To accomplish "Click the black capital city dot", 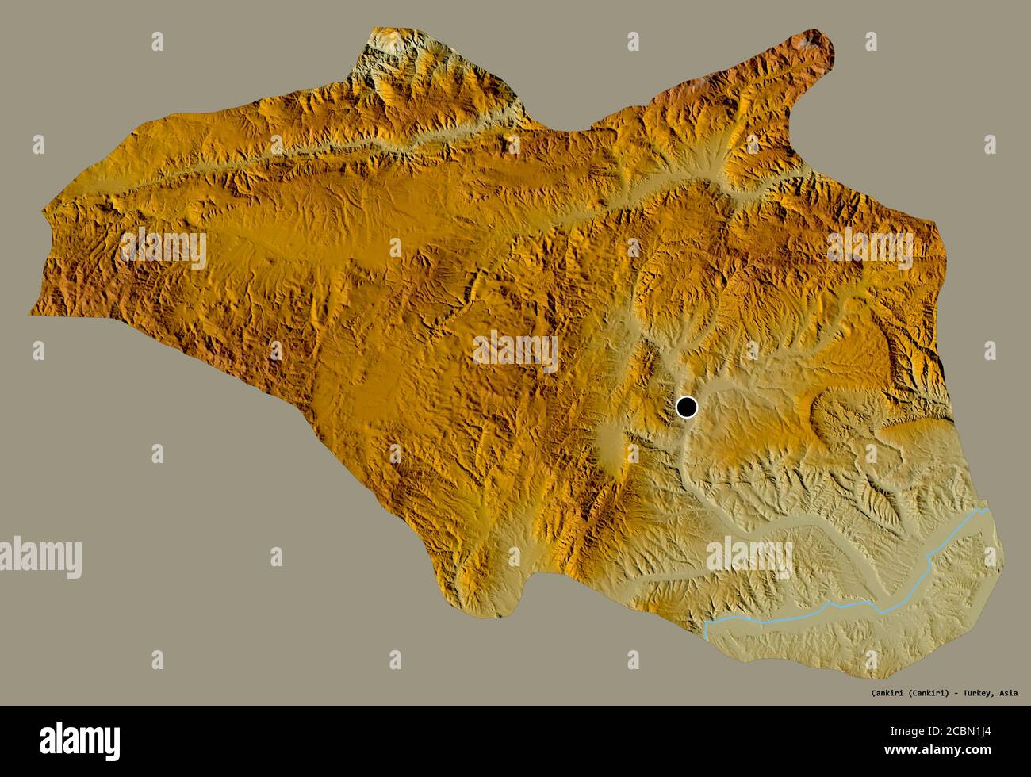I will [687, 408].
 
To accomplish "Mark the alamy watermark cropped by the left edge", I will [40, 554].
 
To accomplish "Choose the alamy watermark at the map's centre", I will [515, 351].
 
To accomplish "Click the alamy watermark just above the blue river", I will [749, 557].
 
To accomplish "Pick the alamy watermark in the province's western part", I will [163, 248].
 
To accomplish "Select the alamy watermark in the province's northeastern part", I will [870, 248].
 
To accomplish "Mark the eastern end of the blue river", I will [987, 510].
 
